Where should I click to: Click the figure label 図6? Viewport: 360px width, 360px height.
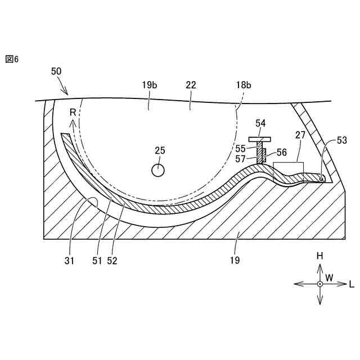tap(12, 59)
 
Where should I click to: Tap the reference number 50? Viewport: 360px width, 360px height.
tap(56, 71)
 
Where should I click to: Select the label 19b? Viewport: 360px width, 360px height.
tap(149, 85)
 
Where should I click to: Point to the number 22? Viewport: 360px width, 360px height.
tap(191, 85)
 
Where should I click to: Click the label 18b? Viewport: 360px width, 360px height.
tap(243, 85)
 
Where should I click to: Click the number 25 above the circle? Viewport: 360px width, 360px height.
tap(160, 150)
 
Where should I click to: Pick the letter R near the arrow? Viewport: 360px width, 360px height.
tap(73, 113)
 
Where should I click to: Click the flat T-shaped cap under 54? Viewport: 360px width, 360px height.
tap(260, 138)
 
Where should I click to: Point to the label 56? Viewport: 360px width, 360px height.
tap(282, 152)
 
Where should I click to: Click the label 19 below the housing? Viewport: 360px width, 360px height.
tap(235, 260)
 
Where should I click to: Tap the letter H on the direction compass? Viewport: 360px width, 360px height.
tap(319, 256)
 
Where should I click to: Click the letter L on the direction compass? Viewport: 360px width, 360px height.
tap(352, 285)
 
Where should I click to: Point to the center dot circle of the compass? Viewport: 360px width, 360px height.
tap(319, 284)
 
